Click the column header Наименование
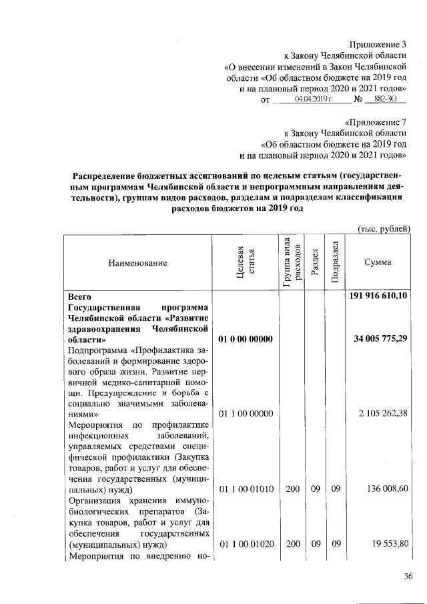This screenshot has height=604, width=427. (x=137, y=263)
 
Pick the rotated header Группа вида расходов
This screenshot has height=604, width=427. (x=290, y=263)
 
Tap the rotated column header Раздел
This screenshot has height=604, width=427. (x=314, y=263)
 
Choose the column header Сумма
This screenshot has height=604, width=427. (x=378, y=263)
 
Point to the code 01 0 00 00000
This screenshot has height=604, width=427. (x=242, y=340)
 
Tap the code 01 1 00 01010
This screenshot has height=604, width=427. (x=242, y=489)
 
